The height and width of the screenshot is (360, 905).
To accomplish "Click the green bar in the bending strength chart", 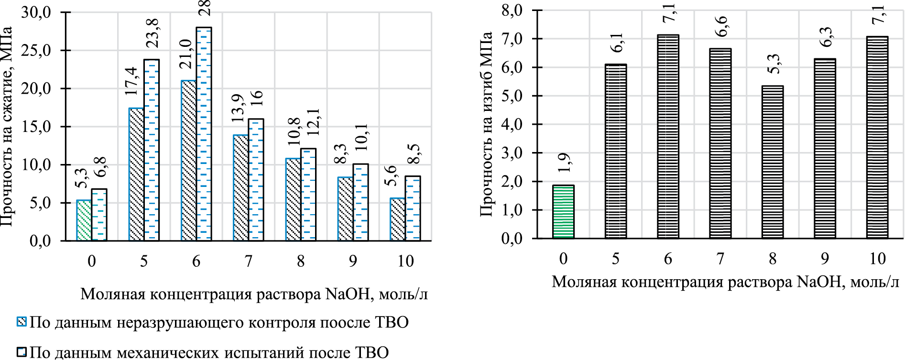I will pyautogui.click(x=563, y=212).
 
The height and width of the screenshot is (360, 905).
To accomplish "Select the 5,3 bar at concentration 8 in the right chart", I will pyautogui.click(x=772, y=162).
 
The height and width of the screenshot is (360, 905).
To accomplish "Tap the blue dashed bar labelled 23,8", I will pyautogui.click(x=152, y=150).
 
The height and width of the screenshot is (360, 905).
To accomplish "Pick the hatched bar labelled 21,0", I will pyautogui.click(x=188, y=161).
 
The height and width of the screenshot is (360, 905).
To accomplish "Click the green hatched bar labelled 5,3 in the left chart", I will pyautogui.click(x=84, y=220).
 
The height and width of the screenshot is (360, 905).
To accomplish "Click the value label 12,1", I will pyautogui.click(x=315, y=123).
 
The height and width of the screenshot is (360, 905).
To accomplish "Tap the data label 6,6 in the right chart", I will pyautogui.click(x=721, y=26).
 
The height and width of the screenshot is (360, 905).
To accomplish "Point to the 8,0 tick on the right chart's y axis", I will pyautogui.click(x=512, y=10).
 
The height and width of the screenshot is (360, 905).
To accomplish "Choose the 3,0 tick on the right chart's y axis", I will pyautogui.click(x=512, y=153).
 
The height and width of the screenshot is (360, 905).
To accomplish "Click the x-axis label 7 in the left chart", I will pyautogui.click(x=248, y=261).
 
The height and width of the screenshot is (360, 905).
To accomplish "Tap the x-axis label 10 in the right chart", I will pyautogui.click(x=877, y=259).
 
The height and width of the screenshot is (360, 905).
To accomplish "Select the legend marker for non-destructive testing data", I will pyautogui.click(x=22, y=322).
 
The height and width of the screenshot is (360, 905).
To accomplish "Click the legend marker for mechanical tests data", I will pyautogui.click(x=22, y=352).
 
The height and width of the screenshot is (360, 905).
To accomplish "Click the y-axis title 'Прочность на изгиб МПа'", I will pyautogui.click(x=486, y=124).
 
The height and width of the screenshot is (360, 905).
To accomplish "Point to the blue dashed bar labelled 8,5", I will pyautogui.click(x=413, y=208).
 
